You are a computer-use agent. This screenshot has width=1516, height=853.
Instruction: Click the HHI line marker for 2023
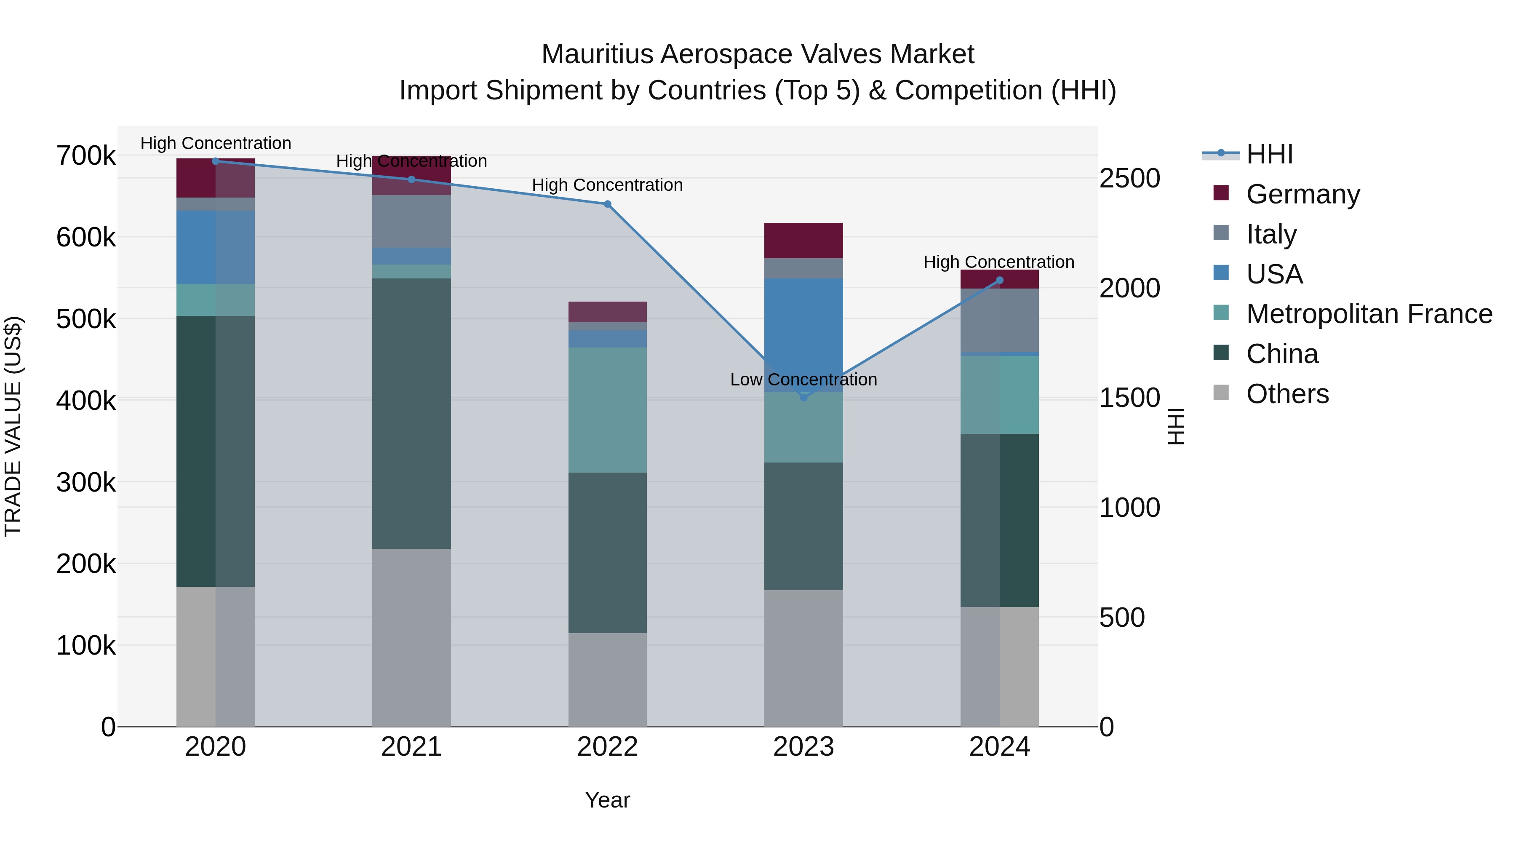pyautogui.click(x=803, y=397)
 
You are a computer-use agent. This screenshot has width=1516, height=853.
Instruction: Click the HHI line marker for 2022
pyautogui.click(x=607, y=204)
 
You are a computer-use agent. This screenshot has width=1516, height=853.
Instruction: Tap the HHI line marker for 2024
pyautogui.click(x=999, y=280)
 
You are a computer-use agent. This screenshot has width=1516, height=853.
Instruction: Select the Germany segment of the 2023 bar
pyautogui.click(x=803, y=240)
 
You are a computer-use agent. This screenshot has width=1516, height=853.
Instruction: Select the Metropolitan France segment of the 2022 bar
pyautogui.click(x=607, y=410)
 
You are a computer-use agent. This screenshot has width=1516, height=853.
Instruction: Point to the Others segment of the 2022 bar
pyautogui.click(x=607, y=679)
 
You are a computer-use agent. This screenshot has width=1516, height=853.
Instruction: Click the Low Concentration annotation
pyautogui.click(x=803, y=380)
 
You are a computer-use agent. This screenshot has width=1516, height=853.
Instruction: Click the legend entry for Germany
pyautogui.click(x=1302, y=194)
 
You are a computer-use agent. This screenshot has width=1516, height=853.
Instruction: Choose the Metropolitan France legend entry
pyautogui.click(x=1369, y=314)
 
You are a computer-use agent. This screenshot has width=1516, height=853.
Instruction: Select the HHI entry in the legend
pyautogui.click(x=1269, y=154)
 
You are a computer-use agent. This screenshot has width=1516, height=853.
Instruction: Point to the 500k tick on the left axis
pyautogui.click(x=86, y=320)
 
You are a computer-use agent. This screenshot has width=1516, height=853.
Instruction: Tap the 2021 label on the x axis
pyautogui.click(x=411, y=747)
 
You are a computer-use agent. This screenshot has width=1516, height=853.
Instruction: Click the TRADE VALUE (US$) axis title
pyautogui.click(x=13, y=426)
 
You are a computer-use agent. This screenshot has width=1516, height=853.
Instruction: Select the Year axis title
pyautogui.click(x=607, y=800)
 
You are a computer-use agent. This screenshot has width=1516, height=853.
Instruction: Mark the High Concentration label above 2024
pyautogui.click(x=999, y=262)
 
